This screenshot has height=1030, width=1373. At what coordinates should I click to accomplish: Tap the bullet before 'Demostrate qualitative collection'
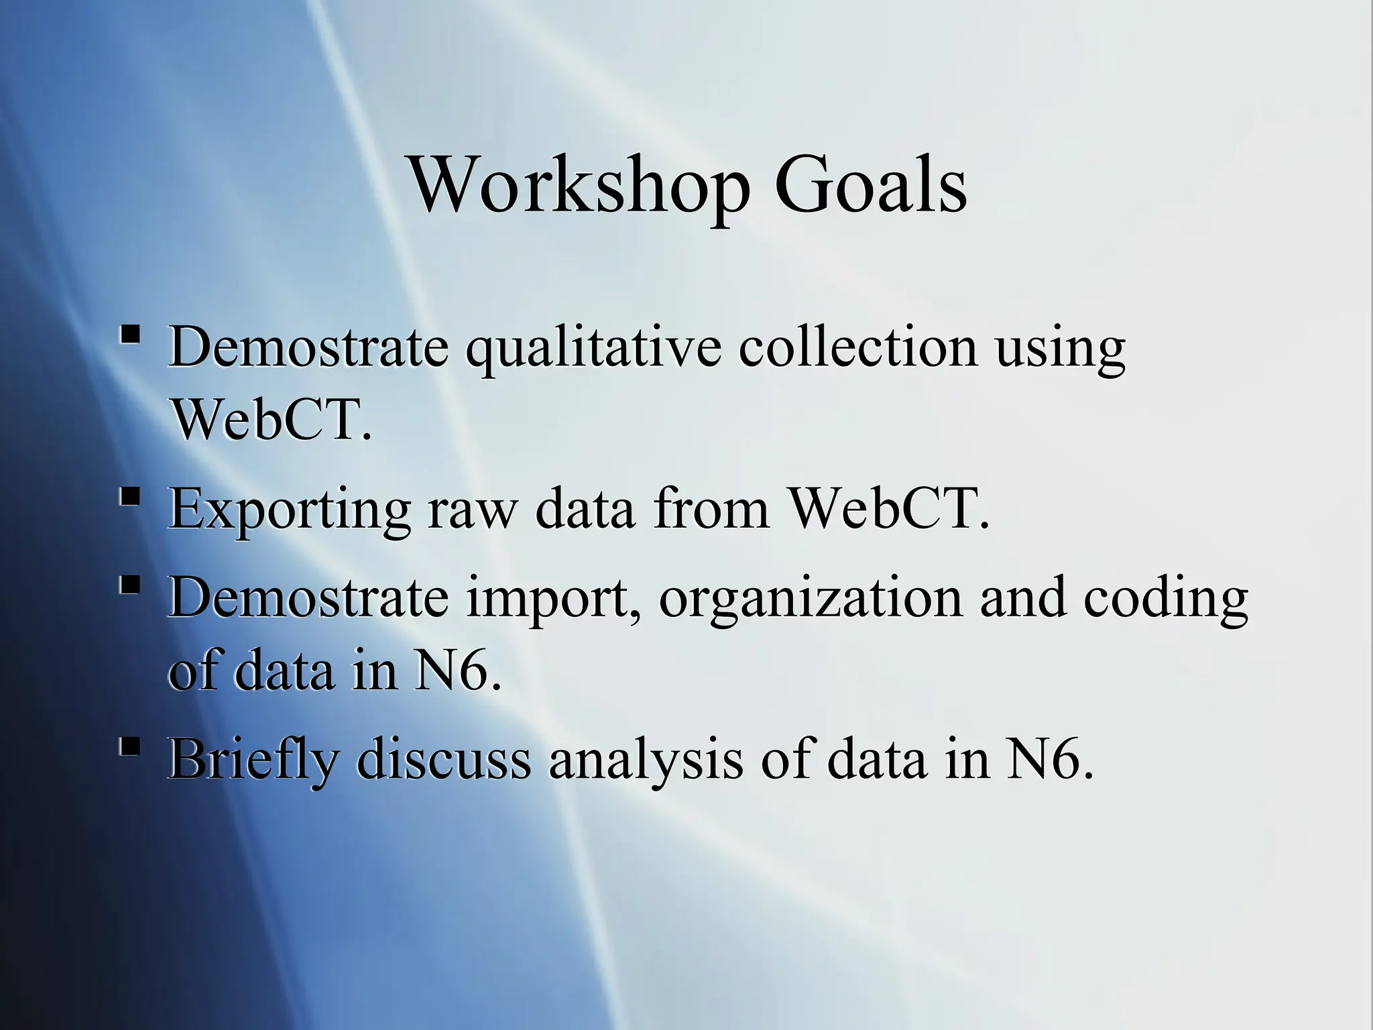[x=131, y=333]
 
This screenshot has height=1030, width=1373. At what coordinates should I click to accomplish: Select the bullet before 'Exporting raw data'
[x=131, y=497]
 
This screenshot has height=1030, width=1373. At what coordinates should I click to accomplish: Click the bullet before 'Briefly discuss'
[x=131, y=746]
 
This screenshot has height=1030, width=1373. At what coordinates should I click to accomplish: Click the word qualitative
[x=593, y=349]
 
